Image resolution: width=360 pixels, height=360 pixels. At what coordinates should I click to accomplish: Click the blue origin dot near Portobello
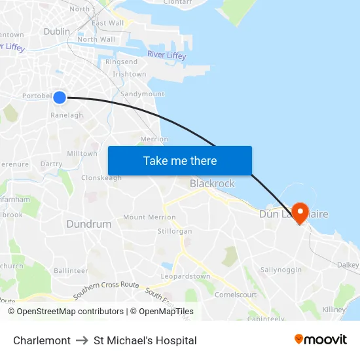pyautogui.click(x=60, y=98)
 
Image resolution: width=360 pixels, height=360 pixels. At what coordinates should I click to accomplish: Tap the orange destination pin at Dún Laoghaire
pyautogui.click(x=300, y=212)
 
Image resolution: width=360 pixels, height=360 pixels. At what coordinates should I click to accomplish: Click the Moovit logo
pyautogui.click(x=320, y=340)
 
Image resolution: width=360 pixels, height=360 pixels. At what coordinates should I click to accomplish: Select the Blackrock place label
pyautogui.click(x=211, y=183)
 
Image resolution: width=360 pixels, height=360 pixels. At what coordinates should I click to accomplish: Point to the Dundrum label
pyautogui.click(x=88, y=224)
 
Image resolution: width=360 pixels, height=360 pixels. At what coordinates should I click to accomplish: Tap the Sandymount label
pyautogui.click(x=142, y=94)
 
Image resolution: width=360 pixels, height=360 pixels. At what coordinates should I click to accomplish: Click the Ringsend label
pyautogui.click(x=121, y=62)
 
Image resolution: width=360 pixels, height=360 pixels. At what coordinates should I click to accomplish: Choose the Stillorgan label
pyautogui.click(x=175, y=231)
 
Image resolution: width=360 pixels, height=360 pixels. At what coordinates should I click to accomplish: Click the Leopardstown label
pyautogui.click(x=186, y=276)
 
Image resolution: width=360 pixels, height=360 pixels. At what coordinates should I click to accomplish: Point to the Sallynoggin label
pyautogui.click(x=281, y=270)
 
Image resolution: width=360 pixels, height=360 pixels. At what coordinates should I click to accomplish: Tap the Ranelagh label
pyautogui.click(x=67, y=115)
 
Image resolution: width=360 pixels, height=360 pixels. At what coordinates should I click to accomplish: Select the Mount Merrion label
pyautogui.click(x=149, y=217)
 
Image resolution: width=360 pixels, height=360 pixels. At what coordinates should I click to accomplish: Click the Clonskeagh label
pyautogui.click(x=101, y=177)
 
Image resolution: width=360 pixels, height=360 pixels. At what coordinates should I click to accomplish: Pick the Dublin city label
pyautogui.click(x=56, y=31)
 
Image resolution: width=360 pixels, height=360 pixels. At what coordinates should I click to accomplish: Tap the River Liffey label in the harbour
pyautogui.click(x=166, y=55)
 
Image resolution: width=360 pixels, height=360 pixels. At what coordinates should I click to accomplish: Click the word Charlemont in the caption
pyautogui.click(x=42, y=340)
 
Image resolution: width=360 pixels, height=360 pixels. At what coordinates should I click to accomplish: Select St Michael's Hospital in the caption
pyautogui.click(x=145, y=340)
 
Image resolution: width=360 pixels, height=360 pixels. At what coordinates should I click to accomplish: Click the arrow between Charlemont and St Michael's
pyautogui.click(x=82, y=340)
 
